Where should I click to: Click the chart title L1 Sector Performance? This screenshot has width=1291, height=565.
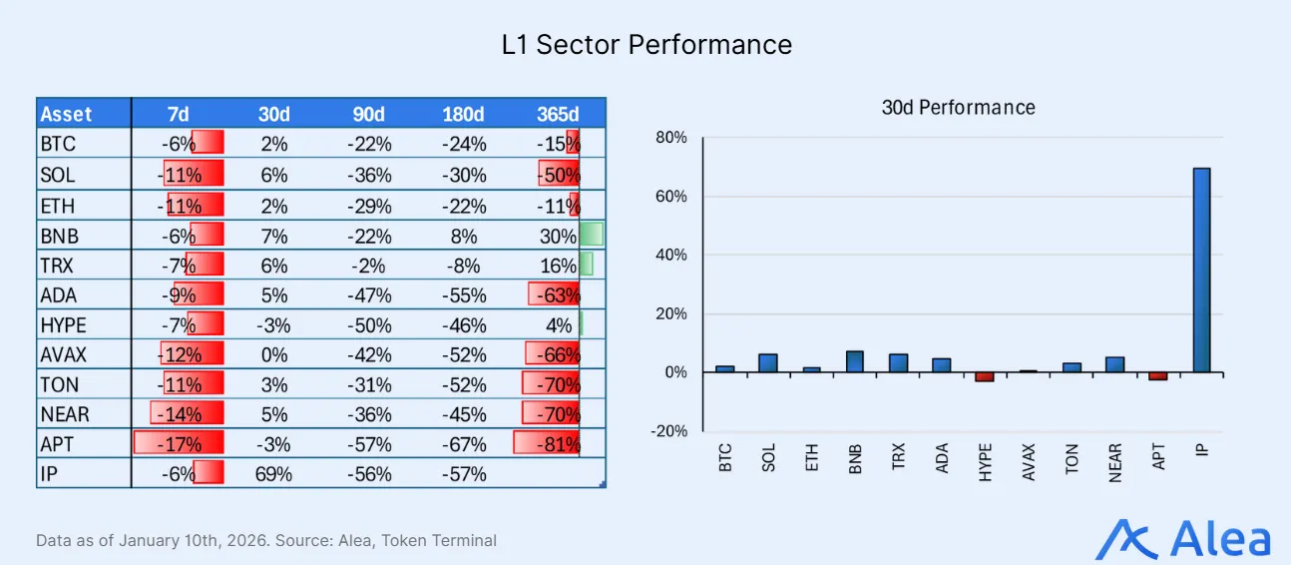(x=646, y=45)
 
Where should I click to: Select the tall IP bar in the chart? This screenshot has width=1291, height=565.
(x=1201, y=270)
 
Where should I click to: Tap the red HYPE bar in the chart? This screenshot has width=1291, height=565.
(x=985, y=376)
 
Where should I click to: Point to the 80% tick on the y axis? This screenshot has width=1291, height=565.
(x=670, y=138)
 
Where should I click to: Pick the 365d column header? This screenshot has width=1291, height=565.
(x=557, y=114)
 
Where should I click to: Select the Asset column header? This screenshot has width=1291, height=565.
(x=67, y=114)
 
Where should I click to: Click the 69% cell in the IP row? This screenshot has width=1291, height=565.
(x=273, y=474)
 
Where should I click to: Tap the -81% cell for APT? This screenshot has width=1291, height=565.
(x=558, y=444)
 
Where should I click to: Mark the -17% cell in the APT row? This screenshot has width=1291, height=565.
(x=182, y=444)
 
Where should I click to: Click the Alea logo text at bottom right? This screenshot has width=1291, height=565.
(x=1219, y=539)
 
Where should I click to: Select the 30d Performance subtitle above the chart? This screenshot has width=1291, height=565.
(x=958, y=107)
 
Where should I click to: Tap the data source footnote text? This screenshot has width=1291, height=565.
(x=266, y=540)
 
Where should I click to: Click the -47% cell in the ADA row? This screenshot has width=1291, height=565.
(x=369, y=295)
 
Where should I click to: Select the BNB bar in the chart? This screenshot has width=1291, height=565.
(x=855, y=361)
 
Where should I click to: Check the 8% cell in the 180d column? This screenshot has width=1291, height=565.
(x=464, y=236)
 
